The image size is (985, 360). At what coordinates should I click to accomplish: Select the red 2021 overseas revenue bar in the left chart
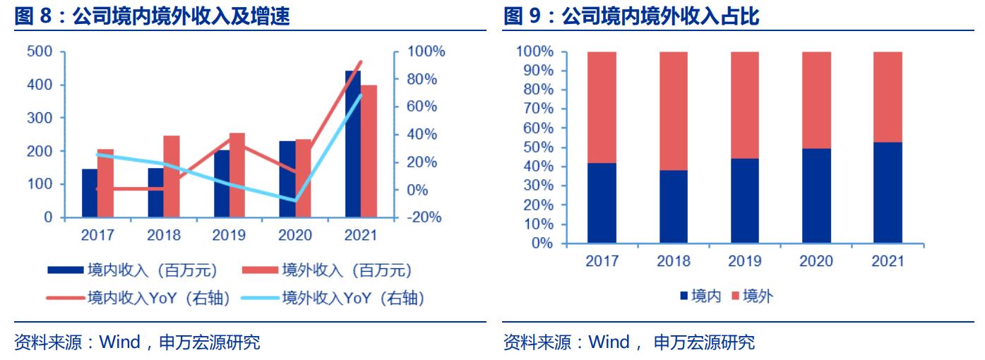click(x=369, y=151)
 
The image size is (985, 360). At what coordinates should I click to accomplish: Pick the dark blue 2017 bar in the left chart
click(x=90, y=193)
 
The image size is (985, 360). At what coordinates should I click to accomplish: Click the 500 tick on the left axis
click(x=39, y=52)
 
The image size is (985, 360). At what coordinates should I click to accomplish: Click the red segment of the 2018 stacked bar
click(x=674, y=111)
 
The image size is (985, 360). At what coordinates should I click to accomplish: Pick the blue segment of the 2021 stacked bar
click(x=888, y=193)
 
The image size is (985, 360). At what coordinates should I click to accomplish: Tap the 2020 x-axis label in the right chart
click(x=816, y=261)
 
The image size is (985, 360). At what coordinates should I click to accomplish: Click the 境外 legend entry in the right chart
click(x=758, y=296)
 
